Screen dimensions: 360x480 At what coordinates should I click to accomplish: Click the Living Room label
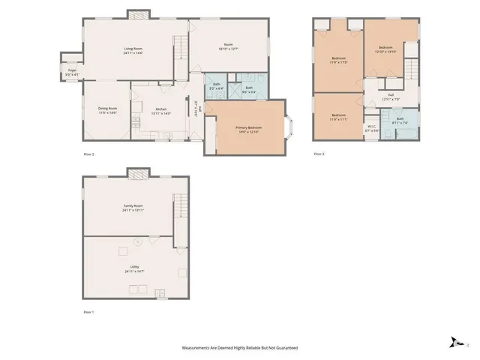tap(133, 49)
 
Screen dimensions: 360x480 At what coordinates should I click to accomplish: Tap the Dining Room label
tap(107, 109)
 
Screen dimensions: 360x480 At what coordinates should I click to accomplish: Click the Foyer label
tap(69, 70)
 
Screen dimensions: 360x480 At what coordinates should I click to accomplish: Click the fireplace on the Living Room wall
tap(136, 13)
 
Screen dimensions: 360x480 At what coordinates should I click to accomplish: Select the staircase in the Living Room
tap(180, 49)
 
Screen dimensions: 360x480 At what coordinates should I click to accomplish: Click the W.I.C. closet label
tap(370, 128)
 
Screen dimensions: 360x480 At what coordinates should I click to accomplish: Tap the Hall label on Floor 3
tap(391, 94)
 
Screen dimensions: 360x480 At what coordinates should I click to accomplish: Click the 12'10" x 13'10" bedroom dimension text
tap(385, 52)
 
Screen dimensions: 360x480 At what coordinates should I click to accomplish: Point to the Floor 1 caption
tap(89, 310)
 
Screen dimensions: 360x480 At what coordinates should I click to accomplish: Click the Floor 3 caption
tap(319, 154)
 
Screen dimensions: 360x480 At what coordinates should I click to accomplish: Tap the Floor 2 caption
tap(88, 154)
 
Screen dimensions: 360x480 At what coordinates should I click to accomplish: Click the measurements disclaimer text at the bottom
tap(240, 348)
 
